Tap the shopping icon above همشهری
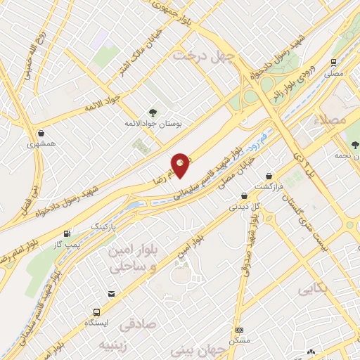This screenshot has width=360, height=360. [x=41, y=133]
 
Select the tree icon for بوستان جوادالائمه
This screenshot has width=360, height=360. [x=152, y=112]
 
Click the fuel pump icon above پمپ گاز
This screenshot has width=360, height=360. [x=67, y=234]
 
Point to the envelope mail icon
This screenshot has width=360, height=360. [x=111, y=294]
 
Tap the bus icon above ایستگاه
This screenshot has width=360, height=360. [x=96, y=312]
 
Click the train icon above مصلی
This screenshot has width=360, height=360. [x=334, y=62]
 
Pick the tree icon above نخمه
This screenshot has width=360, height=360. [x=355, y=146]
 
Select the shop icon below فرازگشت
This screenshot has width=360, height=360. [x=244, y=196]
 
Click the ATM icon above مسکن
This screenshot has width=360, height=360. [x=239, y=330]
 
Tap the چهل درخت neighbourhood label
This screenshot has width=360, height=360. [x=202, y=54]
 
